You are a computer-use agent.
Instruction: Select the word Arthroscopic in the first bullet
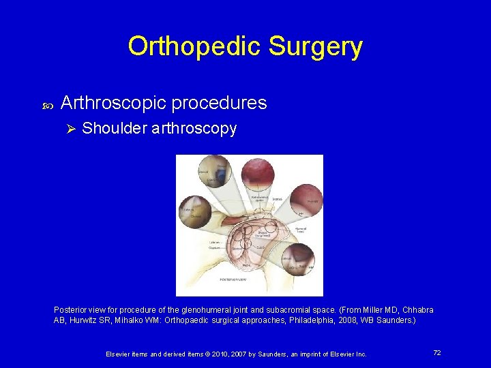[113, 103]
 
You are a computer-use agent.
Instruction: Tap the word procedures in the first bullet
[219, 103]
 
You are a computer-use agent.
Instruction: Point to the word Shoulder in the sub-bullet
[112, 129]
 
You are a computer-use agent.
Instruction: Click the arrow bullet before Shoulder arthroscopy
[68, 129]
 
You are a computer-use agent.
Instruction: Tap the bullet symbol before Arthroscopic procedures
[46, 104]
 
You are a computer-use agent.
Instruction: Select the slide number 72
[437, 352]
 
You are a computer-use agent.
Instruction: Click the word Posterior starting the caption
[71, 310]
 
